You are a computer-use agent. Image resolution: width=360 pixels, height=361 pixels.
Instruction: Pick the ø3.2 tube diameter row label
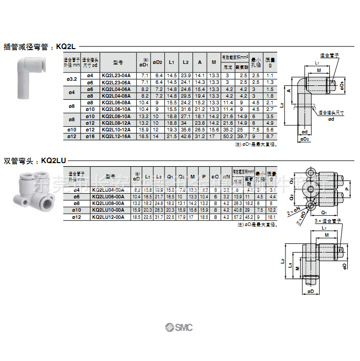click(x=71, y=79)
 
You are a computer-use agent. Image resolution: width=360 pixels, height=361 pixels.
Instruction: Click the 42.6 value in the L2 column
click(x=186, y=136)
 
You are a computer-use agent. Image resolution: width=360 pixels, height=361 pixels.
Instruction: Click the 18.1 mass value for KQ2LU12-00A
click(x=272, y=217)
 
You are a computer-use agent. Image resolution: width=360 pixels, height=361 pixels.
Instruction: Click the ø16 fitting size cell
click(x=90, y=136)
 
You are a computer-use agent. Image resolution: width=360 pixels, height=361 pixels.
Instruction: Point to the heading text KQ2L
click(x=66, y=46)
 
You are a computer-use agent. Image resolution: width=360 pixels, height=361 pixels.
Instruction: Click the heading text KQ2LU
click(x=54, y=161)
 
